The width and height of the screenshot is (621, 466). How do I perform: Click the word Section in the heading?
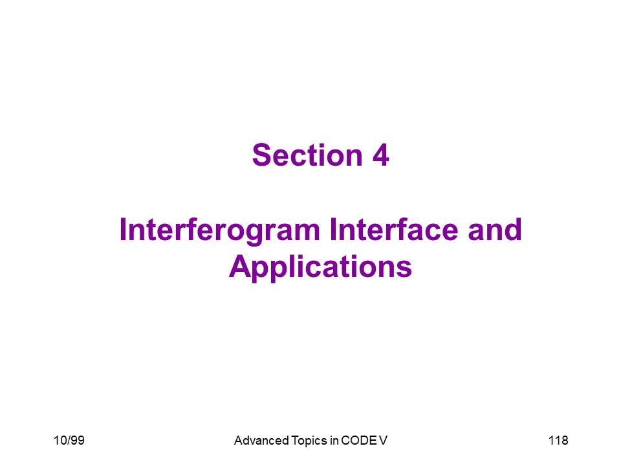pos(307,155)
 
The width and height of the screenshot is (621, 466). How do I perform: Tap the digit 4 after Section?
pos(380,155)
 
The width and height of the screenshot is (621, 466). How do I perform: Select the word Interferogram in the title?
pos(220,230)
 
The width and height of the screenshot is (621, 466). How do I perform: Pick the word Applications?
pos(320,267)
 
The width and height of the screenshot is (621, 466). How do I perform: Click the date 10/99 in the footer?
pos(69,440)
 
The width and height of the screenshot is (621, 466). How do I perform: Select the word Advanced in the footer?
pos(261,440)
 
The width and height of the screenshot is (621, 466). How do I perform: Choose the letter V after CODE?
pos(383,440)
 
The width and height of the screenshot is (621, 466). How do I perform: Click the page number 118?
pos(558,440)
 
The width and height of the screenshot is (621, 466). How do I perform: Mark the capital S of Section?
pos(261,155)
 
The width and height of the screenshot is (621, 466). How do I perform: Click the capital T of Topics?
pos(295,440)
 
